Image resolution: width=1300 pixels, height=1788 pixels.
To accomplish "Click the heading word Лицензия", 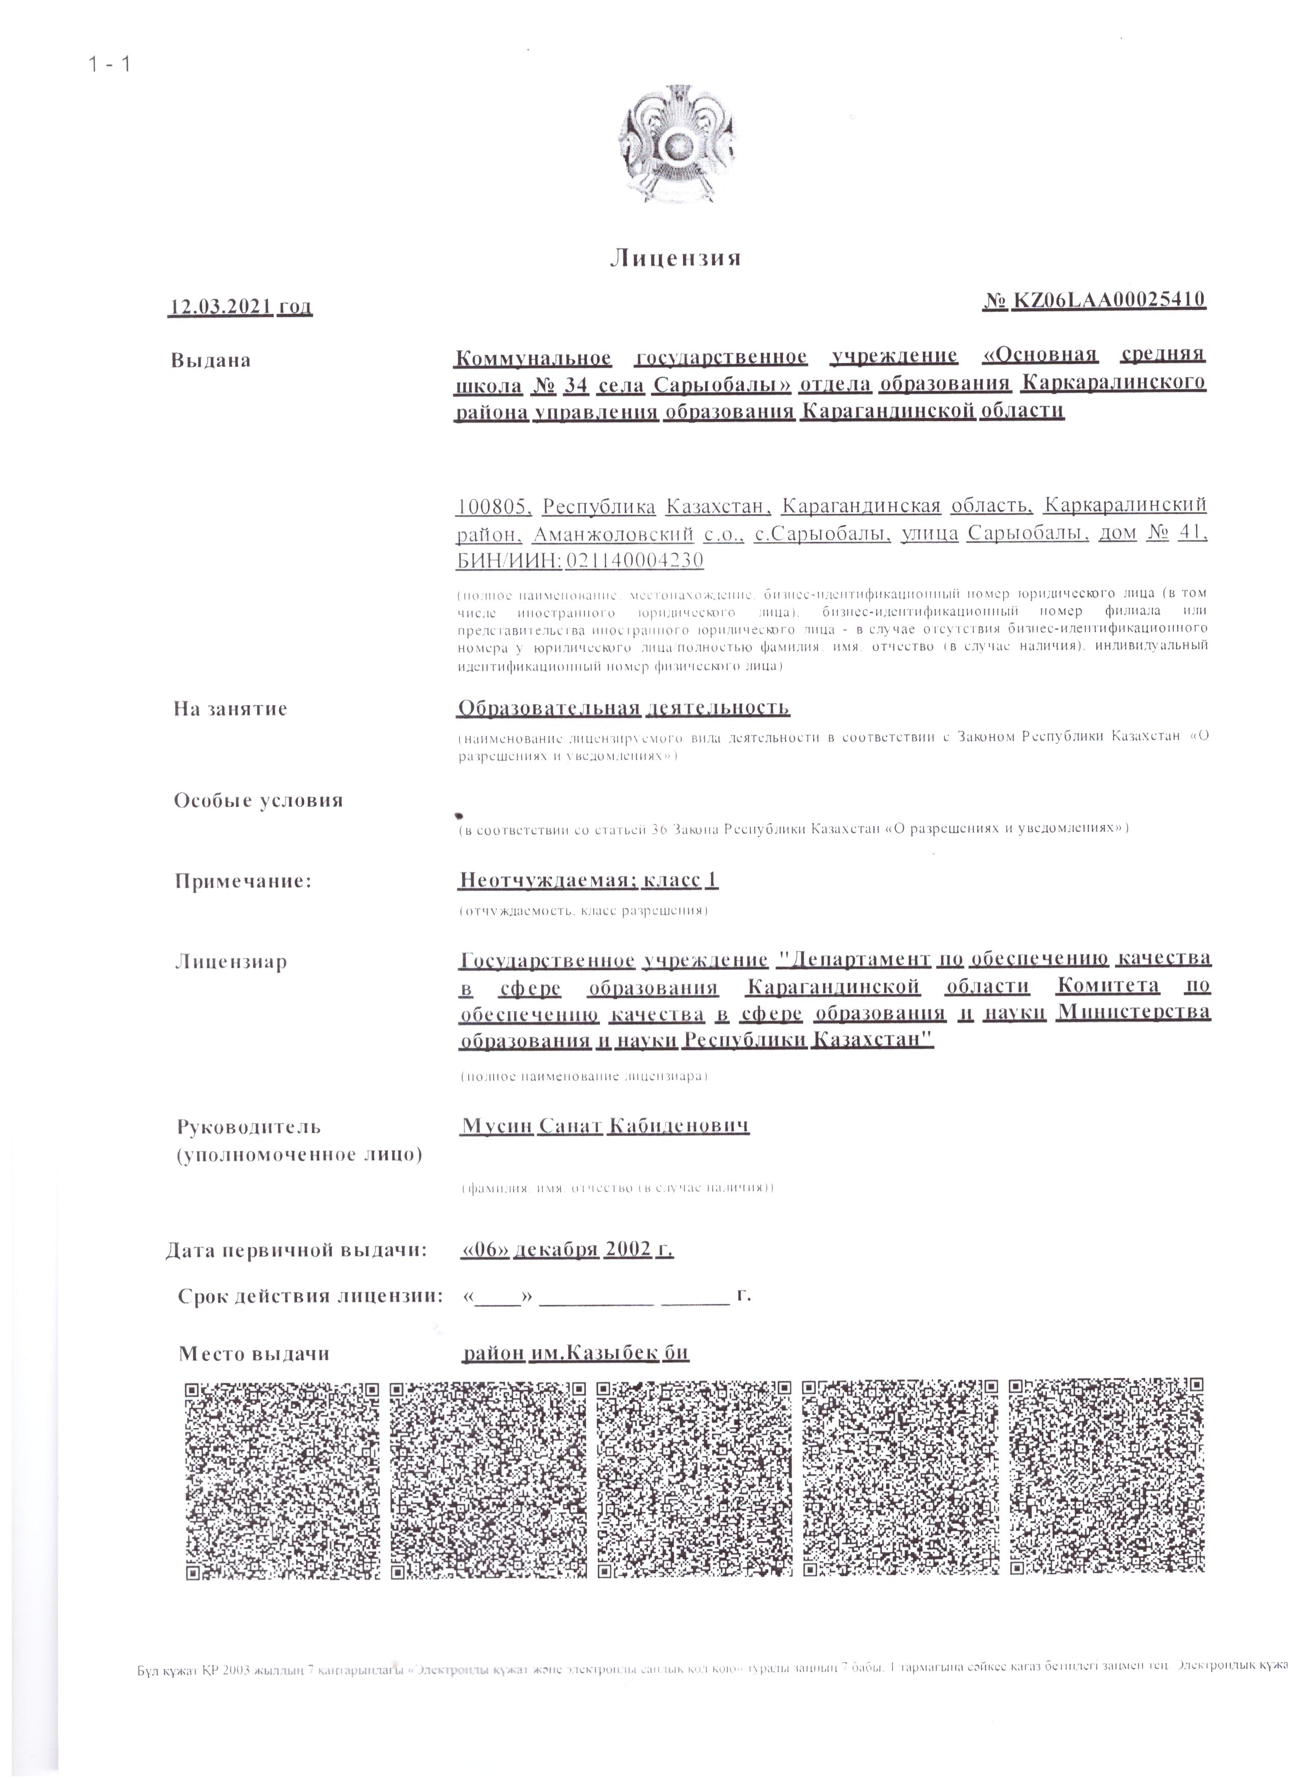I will [675, 259].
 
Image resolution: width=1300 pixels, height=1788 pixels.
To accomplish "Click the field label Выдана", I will [211, 361].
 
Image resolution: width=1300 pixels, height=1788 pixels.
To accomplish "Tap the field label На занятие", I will [230, 709].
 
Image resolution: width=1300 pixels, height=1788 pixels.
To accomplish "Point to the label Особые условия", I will [259, 801].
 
